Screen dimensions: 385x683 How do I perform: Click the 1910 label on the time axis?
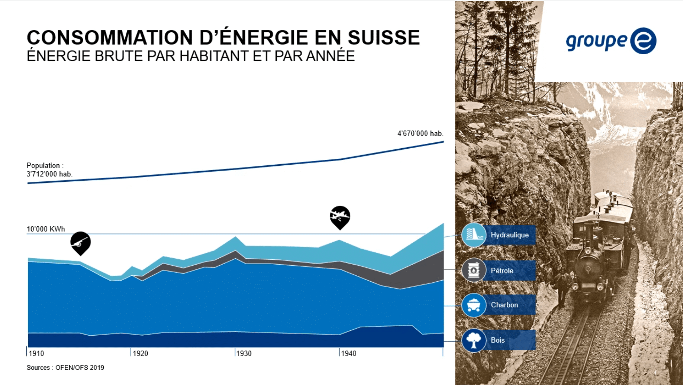pos(36,353)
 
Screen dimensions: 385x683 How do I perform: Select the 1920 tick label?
pos(141,353)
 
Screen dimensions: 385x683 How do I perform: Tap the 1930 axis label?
pos(244,353)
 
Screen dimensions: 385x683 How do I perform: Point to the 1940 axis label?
pos(349,353)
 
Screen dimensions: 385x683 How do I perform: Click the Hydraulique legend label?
pos(509,235)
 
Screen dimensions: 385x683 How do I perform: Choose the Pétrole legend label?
pos(502,271)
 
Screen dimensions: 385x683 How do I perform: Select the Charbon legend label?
pos(504,305)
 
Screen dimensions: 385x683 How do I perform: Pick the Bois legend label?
pos(497,340)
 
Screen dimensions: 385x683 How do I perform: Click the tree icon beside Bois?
pos(474,340)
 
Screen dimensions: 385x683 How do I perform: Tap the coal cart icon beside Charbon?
pos(474,305)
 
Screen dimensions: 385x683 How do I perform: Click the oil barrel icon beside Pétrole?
pos(474,270)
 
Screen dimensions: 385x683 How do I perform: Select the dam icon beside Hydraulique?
pos(474,235)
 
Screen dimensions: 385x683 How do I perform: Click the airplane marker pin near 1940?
pos(340,216)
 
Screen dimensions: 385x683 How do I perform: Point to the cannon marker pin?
pos(80,242)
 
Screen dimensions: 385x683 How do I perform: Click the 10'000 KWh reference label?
pos(46,229)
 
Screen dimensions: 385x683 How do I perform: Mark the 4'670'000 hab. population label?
pos(420,133)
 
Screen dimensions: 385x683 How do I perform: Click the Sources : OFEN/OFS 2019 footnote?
pos(65,368)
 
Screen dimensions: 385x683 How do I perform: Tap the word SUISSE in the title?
pos(383,38)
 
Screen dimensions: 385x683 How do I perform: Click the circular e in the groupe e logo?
pos(643,41)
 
